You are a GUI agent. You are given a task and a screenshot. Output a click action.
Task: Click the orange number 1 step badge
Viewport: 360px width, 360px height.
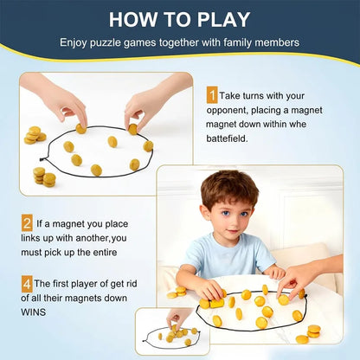(212, 96)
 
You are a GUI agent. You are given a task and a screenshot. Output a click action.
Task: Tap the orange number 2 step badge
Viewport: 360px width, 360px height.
(27, 223)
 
